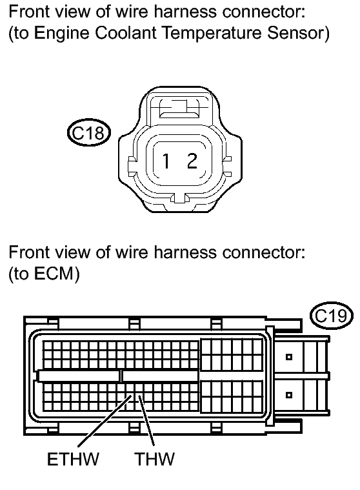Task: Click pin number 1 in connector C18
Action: pos(166,161)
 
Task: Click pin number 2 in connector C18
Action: pos(192,161)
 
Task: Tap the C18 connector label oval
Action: pos(89,132)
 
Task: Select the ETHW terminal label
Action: pos(73,459)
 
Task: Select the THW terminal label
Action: pos(155,459)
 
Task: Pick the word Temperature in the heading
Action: pos(212,34)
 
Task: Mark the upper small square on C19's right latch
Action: pos(289,357)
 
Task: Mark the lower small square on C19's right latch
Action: pos(289,395)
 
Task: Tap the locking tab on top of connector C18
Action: pos(179,108)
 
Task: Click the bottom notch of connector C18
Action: pos(179,198)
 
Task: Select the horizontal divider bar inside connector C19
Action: pos(118,376)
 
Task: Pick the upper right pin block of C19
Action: pos(232,354)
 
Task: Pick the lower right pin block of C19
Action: pos(232,396)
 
